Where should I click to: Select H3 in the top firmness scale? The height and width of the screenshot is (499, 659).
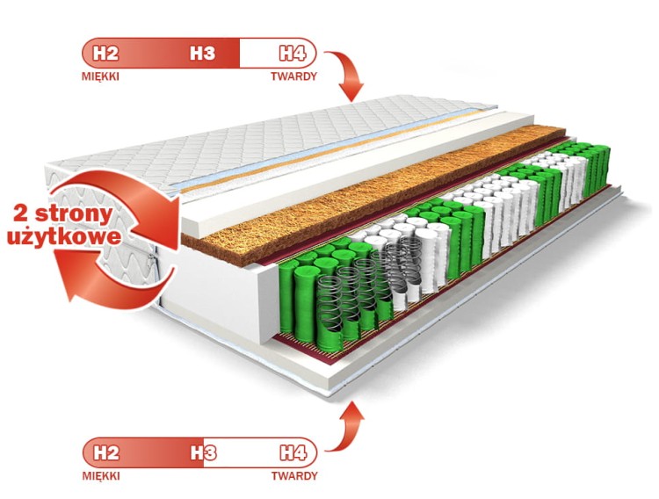coord(203,53)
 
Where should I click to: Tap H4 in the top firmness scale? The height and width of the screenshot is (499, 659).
coord(293,53)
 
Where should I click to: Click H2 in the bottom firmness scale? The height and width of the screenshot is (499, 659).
coord(105,453)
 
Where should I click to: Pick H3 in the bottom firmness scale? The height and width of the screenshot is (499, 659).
coord(204,453)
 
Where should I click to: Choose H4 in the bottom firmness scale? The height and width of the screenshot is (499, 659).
coord(293,453)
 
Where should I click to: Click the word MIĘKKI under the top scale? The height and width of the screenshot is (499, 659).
coord(100,76)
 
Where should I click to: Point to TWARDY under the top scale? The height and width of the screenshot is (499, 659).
coord(293,76)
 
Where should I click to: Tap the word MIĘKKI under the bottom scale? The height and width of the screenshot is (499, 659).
coord(100,476)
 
